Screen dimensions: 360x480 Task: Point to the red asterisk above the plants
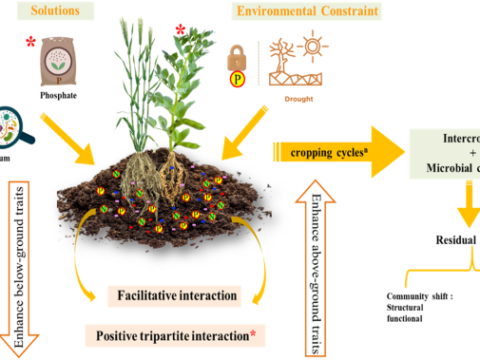(x=181, y=31)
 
